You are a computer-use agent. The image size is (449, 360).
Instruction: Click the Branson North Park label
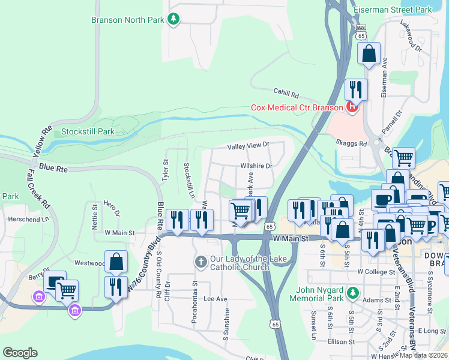pos(127,20)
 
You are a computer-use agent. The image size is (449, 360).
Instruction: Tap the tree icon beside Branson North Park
pos(173,20)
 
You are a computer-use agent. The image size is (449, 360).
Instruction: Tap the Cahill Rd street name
pos(286,94)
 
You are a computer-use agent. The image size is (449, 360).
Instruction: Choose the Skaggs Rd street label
pos(354,144)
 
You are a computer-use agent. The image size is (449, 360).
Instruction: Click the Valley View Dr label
pos(247,145)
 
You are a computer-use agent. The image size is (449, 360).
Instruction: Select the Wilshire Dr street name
pos(256,166)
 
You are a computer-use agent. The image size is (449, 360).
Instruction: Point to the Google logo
pos(20,353)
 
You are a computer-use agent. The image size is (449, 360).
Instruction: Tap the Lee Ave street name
pos(215,298)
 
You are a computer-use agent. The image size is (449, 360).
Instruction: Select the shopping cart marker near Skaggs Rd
pos(403,158)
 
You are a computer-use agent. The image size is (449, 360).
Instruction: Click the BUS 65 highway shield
pos(360,32)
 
